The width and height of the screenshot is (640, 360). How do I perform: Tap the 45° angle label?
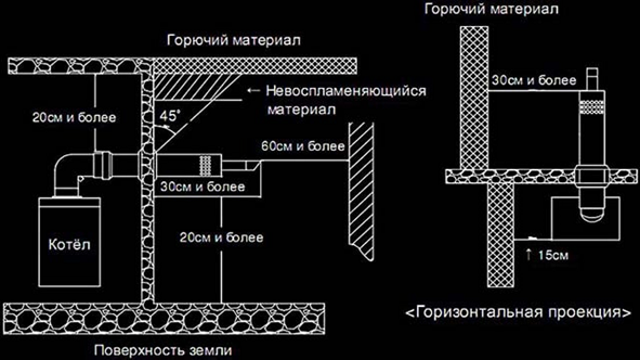tap(169, 116)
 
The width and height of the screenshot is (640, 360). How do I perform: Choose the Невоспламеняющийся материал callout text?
tap(346, 99)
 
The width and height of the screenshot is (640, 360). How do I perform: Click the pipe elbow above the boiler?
tap(71, 168)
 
